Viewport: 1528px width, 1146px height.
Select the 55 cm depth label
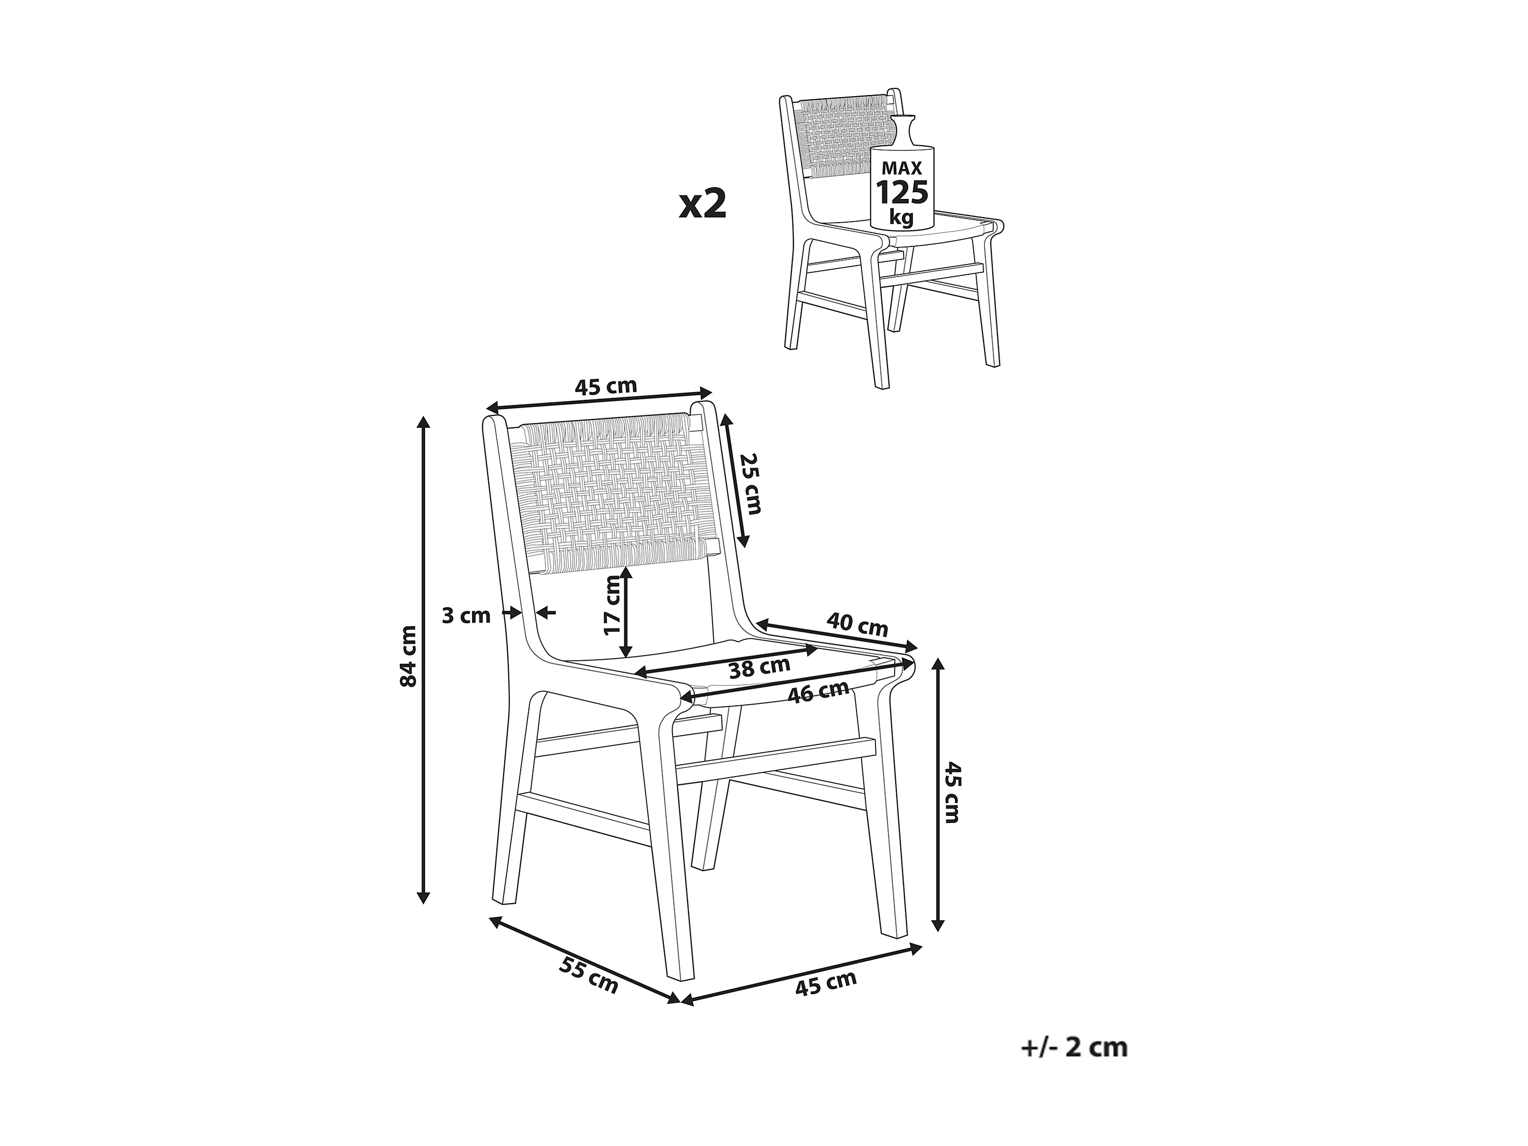tap(588, 976)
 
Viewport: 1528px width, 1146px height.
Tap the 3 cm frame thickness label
tap(465, 615)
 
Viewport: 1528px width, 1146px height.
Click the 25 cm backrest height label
tap(750, 484)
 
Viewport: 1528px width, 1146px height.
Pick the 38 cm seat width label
tap(759, 667)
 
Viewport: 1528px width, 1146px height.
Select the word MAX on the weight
tap(902, 167)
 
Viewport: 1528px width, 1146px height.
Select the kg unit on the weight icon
tap(901, 218)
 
